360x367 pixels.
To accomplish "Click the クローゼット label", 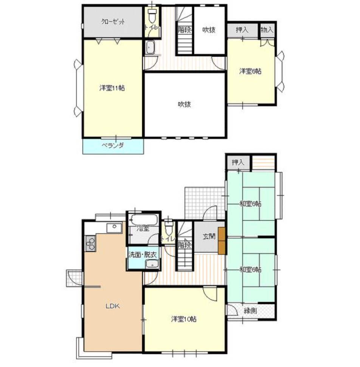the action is point(113,22).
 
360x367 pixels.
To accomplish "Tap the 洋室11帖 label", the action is point(112,88).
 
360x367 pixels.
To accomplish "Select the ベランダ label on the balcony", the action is point(113,146).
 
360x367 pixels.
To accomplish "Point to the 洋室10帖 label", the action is point(184,319).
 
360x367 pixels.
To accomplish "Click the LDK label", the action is point(113,306).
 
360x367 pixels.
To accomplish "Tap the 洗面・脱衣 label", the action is point(143,255).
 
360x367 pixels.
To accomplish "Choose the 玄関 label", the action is point(209,236).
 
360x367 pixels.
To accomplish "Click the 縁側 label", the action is point(250,311).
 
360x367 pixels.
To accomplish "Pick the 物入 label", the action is point(267,30).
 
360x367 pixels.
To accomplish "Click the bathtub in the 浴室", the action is point(143,220).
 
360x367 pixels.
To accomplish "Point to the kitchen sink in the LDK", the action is point(114,227).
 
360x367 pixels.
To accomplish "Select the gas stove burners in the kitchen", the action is point(90,244).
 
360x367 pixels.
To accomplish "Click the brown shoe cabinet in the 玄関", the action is point(222,241).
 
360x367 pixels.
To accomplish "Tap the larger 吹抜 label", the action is point(185,104).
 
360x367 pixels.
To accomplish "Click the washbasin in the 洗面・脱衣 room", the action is point(152,265).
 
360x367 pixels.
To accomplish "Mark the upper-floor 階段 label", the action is point(185,30).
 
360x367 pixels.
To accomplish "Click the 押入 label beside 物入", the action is point(242,30).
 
